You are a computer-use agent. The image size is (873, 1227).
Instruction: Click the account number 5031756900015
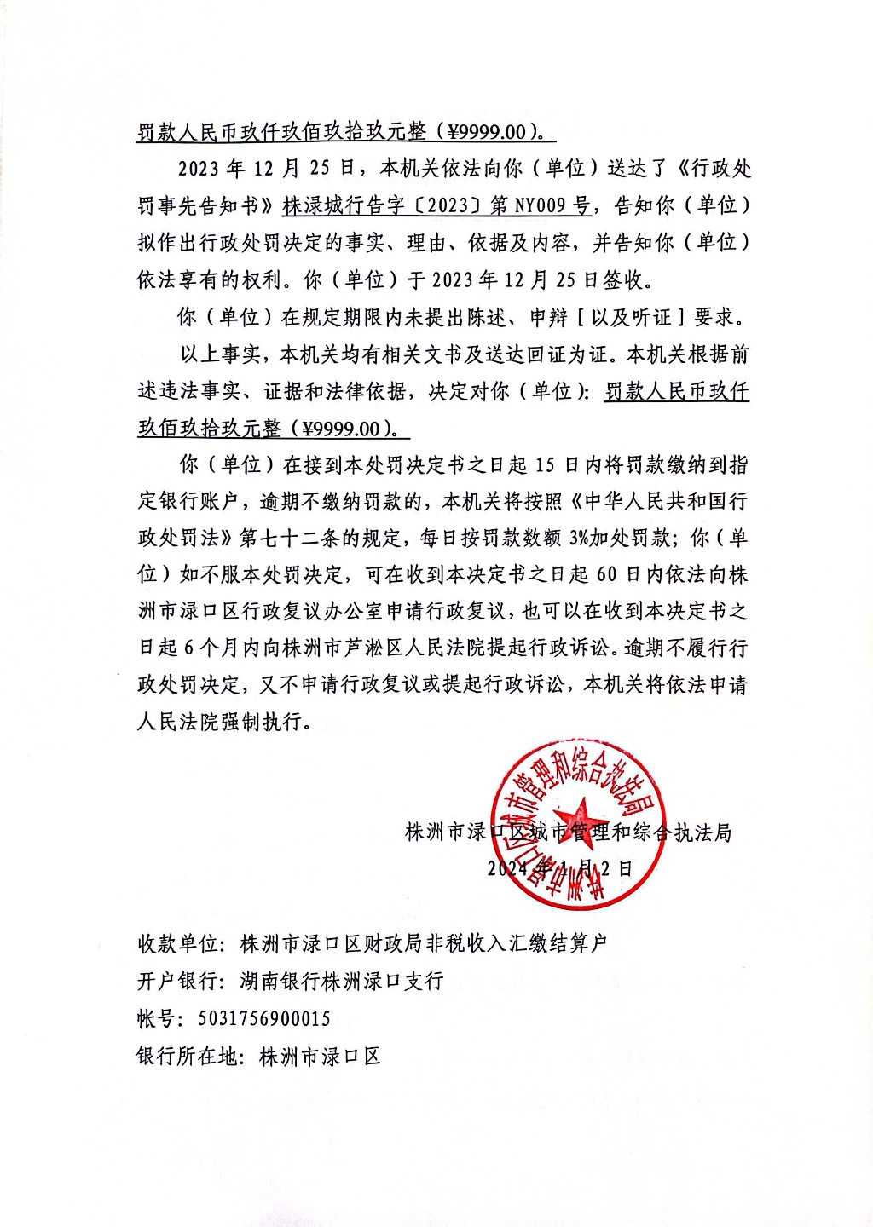[264, 1019]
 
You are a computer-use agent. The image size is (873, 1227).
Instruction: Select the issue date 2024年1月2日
[560, 868]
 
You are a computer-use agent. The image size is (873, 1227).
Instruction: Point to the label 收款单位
[178, 944]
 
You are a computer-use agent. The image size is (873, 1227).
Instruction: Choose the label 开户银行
[178, 982]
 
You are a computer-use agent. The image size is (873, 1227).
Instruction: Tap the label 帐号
[157, 1019]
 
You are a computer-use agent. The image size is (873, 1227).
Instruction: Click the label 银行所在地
[188, 1057]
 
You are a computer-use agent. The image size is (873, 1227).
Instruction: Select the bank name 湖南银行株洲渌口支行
[342, 982]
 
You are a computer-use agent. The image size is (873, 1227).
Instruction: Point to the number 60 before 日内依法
[606, 575]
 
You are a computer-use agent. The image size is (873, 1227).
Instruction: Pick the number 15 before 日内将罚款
[546, 465]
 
